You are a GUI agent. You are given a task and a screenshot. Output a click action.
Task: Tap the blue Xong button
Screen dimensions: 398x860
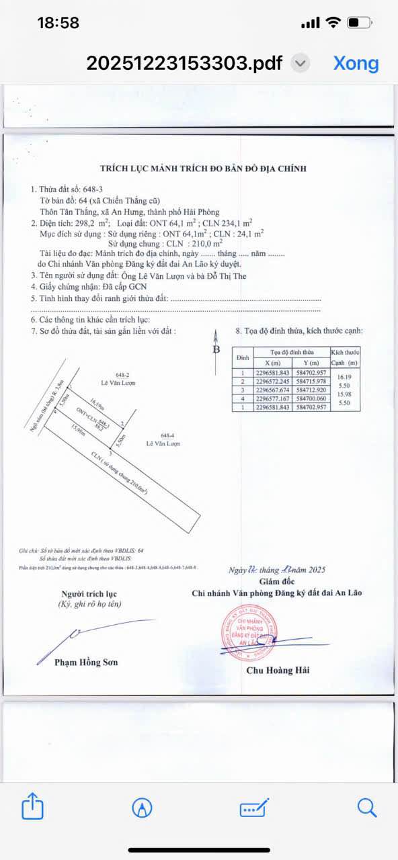click(x=356, y=63)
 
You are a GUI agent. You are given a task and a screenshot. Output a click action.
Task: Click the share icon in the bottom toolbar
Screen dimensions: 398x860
click(x=32, y=806)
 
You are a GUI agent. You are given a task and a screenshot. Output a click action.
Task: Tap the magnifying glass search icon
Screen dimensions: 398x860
click(x=366, y=807)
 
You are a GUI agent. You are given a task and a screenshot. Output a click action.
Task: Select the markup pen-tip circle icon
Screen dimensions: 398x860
click(x=142, y=808)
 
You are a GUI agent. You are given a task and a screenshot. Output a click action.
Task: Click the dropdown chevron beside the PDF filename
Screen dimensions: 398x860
click(x=301, y=64)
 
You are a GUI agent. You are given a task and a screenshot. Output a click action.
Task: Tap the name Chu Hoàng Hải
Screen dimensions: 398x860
click(x=278, y=670)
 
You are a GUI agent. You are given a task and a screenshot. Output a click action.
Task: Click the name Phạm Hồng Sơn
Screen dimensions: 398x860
click(x=86, y=662)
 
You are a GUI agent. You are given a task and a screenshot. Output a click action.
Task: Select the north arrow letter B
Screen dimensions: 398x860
click(x=216, y=349)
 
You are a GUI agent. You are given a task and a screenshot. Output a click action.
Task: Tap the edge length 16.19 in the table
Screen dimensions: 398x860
click(x=346, y=377)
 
